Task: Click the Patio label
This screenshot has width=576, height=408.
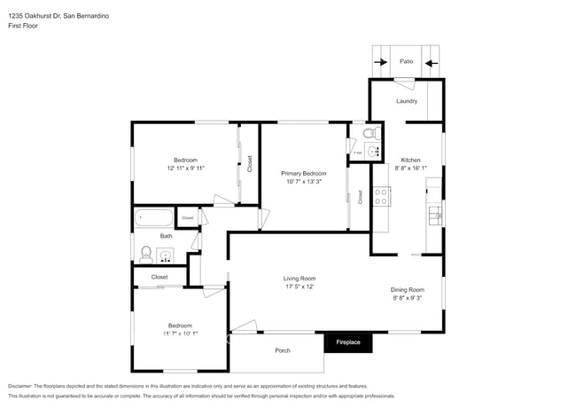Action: [406, 62]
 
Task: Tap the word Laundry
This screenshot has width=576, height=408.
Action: [407, 101]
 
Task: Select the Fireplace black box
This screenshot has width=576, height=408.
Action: [347, 341]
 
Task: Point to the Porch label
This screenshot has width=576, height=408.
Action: [282, 350]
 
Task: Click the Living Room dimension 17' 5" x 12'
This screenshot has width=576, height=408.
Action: [300, 286]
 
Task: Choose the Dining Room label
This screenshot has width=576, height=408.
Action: [408, 289]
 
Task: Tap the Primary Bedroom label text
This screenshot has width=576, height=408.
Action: [303, 173]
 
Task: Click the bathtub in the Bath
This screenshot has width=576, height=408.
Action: [153, 218]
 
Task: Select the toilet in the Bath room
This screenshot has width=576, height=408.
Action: [145, 255]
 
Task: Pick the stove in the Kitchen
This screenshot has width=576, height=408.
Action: [381, 196]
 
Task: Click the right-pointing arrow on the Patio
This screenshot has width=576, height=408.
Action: [380, 63]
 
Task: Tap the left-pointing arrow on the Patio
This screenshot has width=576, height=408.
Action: [432, 63]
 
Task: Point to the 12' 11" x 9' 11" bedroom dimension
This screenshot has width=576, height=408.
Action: [185, 168]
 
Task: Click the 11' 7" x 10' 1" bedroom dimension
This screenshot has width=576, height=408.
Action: [180, 333]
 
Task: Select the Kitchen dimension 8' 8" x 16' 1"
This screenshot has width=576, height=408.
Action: [410, 168]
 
